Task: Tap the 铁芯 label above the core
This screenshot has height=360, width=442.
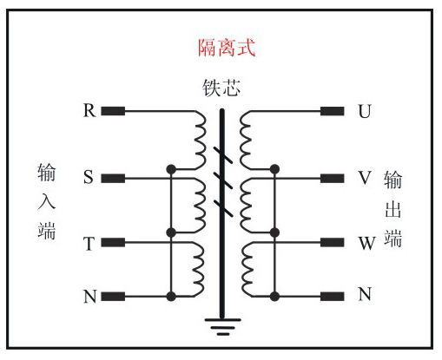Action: click(221, 88)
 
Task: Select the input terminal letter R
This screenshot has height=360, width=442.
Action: click(89, 110)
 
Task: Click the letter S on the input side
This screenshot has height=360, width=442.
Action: click(89, 178)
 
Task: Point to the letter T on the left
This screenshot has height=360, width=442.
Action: click(89, 244)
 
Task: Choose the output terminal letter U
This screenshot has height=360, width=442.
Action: click(363, 111)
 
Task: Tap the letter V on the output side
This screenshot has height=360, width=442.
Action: click(364, 178)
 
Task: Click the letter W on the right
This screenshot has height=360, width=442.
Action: click(366, 243)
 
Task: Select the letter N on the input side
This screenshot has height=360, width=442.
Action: click(89, 297)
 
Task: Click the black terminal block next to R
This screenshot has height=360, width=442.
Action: click(114, 111)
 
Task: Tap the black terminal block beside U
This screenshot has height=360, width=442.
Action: click(333, 111)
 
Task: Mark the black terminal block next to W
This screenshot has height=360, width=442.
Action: click(333, 243)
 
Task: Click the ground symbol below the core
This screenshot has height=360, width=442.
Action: click(221, 327)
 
